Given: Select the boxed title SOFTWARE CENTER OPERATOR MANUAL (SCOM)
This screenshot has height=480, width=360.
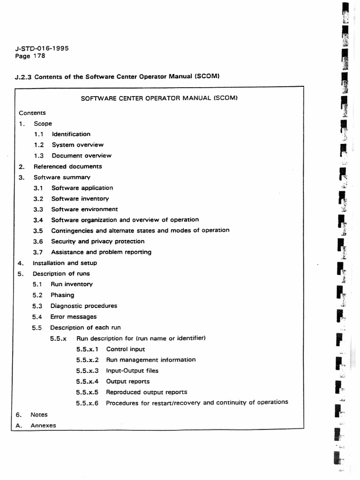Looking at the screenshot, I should click(x=159, y=98).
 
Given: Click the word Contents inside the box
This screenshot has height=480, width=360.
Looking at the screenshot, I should click(x=32, y=113).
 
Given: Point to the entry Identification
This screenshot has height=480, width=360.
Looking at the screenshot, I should click(x=71, y=134).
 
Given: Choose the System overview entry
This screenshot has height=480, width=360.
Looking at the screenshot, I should click(x=78, y=145).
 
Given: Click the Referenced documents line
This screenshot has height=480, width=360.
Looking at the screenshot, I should click(x=67, y=166).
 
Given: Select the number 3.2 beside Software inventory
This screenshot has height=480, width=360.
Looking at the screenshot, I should click(x=38, y=199).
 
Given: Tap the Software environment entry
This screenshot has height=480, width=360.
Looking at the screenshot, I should click(x=84, y=210).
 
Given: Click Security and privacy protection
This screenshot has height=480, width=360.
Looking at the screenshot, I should click(x=97, y=241).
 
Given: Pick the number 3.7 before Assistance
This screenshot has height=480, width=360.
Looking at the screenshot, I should click(x=38, y=252).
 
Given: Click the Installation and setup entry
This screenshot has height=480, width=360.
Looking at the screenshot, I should click(x=65, y=263).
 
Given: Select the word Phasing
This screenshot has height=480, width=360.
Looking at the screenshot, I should click(x=62, y=295).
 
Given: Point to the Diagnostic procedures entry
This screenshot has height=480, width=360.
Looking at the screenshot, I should click(x=84, y=306).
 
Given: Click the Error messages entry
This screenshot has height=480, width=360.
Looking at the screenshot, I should click(x=74, y=317).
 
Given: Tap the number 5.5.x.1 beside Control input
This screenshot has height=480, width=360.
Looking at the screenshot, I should click(x=87, y=349).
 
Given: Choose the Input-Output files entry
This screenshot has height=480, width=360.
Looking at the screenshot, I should click(x=132, y=371).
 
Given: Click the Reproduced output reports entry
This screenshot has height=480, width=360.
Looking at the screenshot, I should click(x=146, y=392).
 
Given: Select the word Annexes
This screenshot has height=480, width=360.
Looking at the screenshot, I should click(x=43, y=426).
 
